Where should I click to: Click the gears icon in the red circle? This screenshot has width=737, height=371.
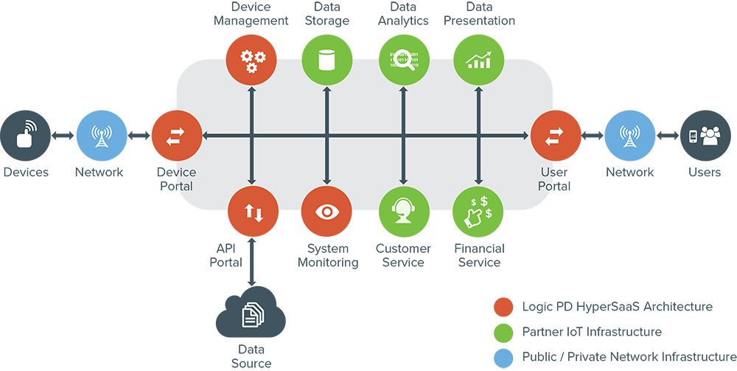[252, 60]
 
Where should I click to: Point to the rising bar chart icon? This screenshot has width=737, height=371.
[478, 60]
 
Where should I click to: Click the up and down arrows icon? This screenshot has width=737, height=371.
[253, 212]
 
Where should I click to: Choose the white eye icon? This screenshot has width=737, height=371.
[326, 212]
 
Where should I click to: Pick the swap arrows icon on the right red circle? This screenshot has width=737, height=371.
[553, 136]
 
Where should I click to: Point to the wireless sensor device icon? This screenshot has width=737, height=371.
[27, 135]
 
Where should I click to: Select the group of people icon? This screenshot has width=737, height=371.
[710, 136]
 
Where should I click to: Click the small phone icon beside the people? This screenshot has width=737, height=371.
[693, 136]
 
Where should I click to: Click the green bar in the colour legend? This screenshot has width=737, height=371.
[479, 332]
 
